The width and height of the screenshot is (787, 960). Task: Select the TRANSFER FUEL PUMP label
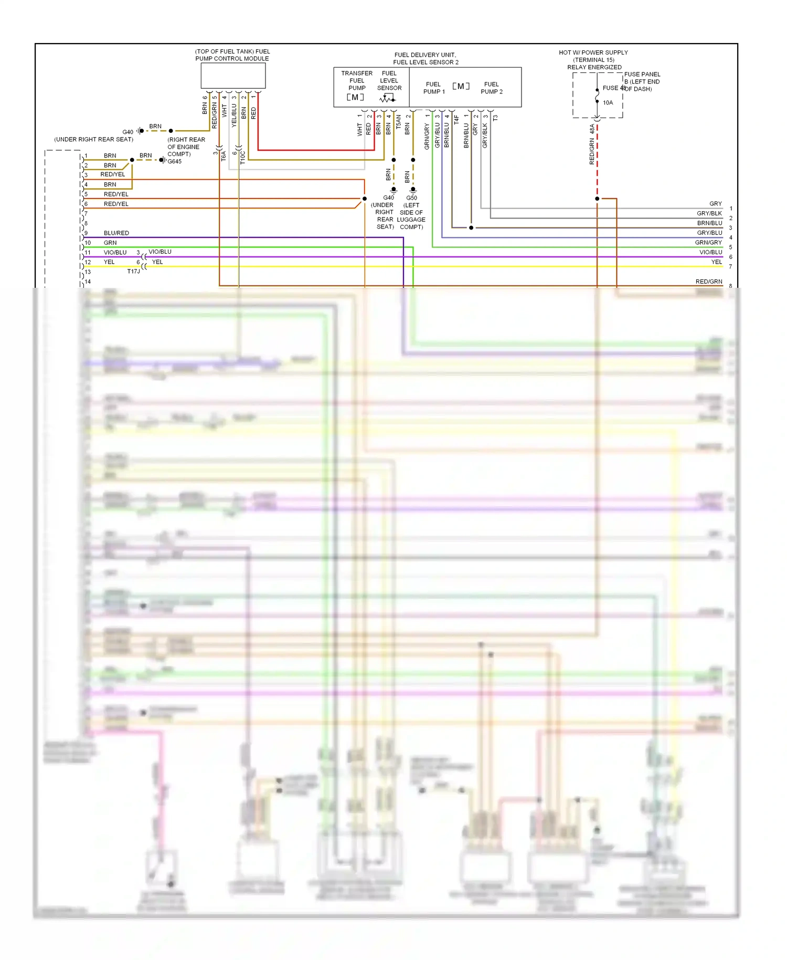[357, 80]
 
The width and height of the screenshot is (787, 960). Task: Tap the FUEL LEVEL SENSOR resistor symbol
[388, 98]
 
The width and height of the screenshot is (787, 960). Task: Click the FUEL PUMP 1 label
[434, 88]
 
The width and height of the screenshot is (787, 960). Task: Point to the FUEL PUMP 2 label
[492, 88]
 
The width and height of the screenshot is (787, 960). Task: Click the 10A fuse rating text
[608, 102]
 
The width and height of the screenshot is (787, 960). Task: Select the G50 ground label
[411, 198]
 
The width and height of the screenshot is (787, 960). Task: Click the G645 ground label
[175, 161]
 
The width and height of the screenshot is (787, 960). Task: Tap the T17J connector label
[133, 272]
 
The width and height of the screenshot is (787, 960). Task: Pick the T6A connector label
[223, 155]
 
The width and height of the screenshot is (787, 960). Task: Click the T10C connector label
[242, 157]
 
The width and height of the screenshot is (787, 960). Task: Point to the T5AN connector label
[398, 122]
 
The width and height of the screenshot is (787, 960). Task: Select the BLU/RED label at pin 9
[116, 233]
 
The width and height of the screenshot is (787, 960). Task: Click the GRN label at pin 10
[110, 243]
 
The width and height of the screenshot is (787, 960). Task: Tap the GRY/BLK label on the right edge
[709, 213]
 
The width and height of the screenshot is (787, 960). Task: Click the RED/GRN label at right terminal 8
[708, 281]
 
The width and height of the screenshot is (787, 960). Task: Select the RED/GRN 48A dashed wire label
[592, 145]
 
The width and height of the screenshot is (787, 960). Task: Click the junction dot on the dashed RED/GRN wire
[597, 199]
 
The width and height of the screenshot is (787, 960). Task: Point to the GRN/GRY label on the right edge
[708, 243]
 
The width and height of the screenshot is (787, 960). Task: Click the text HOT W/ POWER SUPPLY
[593, 53]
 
